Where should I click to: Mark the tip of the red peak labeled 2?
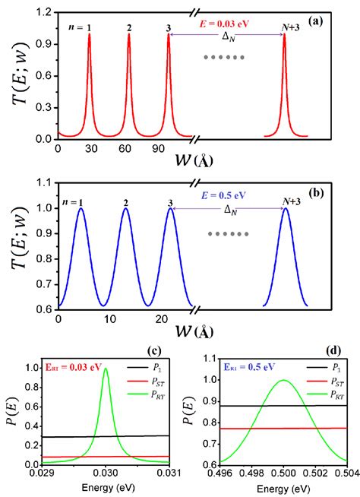click(128, 34)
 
